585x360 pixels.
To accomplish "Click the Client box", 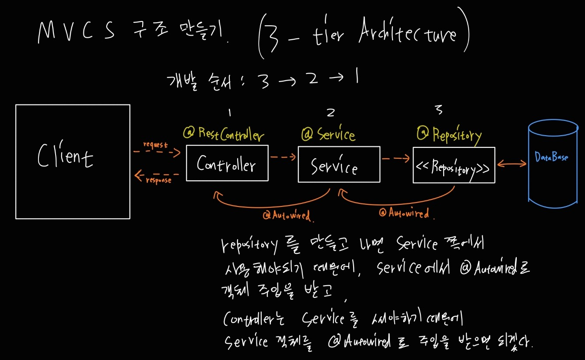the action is [73, 161].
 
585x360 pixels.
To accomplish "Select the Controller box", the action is [227, 163].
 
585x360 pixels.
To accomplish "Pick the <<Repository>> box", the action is [454, 165].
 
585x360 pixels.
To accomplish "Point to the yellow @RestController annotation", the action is [224, 134].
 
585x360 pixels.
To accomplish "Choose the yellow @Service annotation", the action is [328, 134].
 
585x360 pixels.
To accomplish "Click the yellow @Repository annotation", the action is [449, 135].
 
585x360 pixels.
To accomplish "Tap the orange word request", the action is [156, 145].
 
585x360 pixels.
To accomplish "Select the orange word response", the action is [158, 180].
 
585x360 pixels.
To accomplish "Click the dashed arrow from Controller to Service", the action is [283, 157].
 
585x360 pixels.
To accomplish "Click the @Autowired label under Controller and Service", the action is [286, 216].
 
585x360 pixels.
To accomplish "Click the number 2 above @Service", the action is [331, 112].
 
